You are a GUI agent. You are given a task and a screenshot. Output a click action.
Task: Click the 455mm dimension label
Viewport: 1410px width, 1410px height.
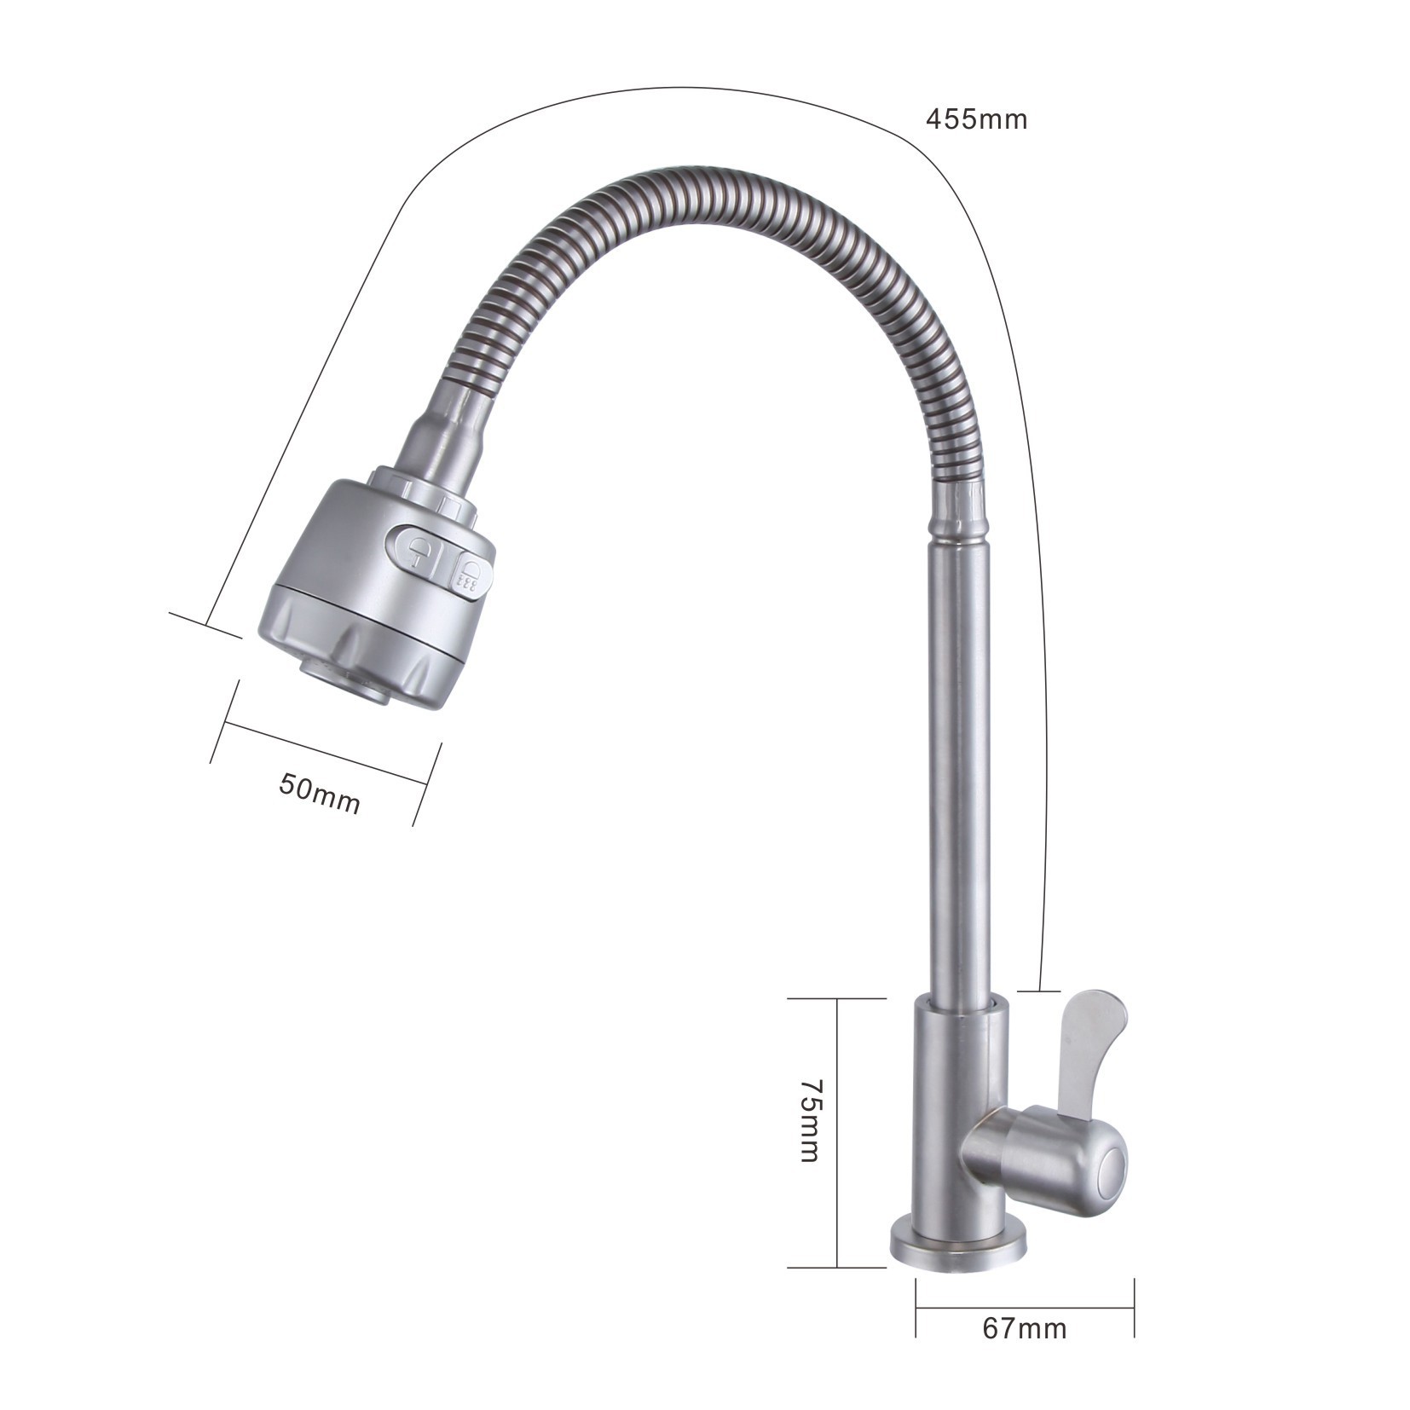tap(976, 118)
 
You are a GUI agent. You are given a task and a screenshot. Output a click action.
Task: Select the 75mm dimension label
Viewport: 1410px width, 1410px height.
tap(808, 1121)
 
